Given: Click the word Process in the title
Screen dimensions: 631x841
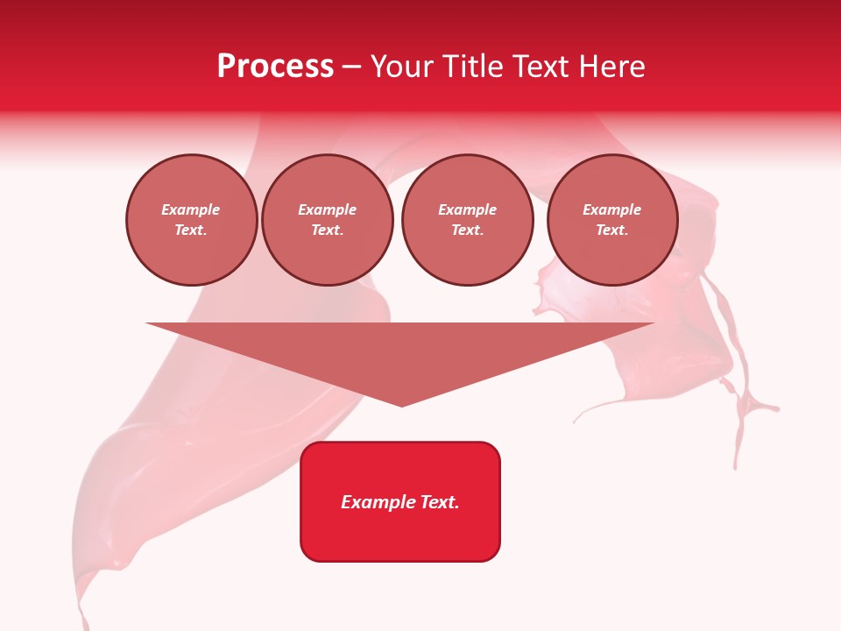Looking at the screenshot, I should pos(275,67).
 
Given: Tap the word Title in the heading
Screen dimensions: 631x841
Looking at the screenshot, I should pos(473,67).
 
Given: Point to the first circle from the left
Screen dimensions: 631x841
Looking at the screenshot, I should pos(192,220).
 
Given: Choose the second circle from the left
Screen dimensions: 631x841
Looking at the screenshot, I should pos(328,220).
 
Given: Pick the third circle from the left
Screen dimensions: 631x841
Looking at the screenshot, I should pos(468,220).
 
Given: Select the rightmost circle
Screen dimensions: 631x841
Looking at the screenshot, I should pos(612,220).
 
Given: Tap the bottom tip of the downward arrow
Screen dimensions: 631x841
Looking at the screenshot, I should pos(401,404).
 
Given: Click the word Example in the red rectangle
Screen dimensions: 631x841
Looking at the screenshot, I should pos(378,502).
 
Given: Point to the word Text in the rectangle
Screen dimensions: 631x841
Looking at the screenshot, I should pos(439,502).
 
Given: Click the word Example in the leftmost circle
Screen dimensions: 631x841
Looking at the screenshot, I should pos(191,209).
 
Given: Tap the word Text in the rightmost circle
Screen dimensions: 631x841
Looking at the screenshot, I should pos(611,230).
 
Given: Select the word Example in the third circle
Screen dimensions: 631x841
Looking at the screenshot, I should pos(468,209).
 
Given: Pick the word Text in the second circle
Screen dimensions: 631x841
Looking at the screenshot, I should pos(327,230).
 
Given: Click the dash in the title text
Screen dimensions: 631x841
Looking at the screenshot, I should pos(352,67).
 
